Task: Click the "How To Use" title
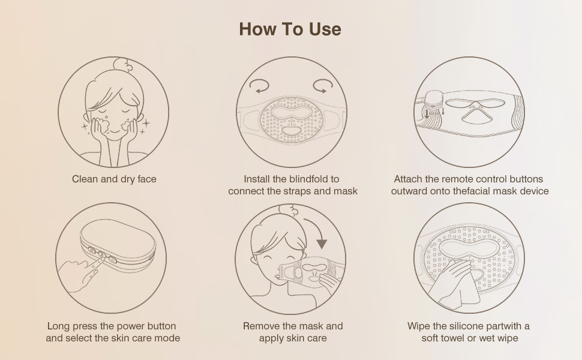tap(290, 29)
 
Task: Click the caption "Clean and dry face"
tap(115, 179)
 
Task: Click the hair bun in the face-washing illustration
tap(123, 65)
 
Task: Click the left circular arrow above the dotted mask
tap(259, 86)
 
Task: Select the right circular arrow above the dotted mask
tap(323, 86)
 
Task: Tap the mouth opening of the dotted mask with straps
tap(292, 131)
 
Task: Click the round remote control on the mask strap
tap(434, 100)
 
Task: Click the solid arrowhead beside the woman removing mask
tap(322, 244)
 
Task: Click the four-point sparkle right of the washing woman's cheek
tap(146, 123)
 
